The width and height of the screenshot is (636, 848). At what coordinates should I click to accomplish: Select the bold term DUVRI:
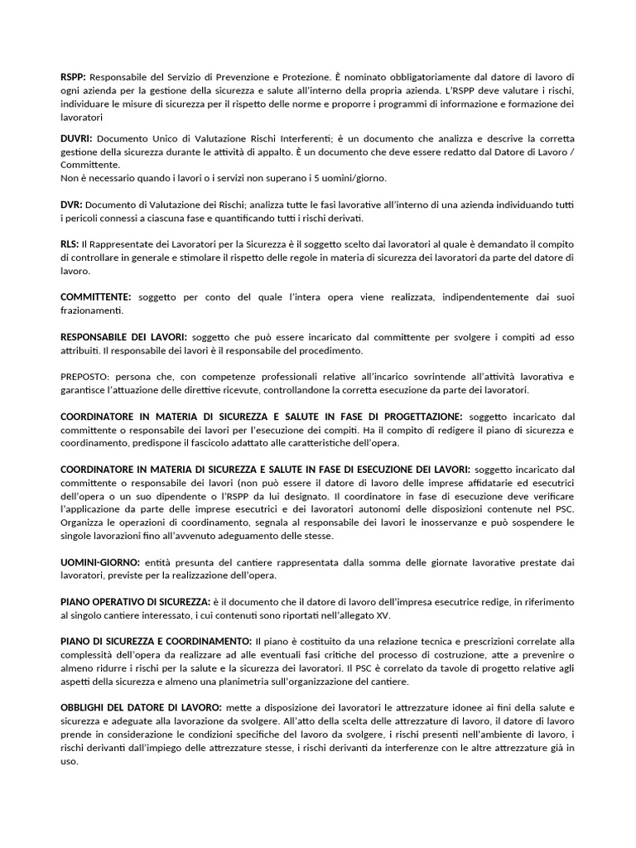click(77, 137)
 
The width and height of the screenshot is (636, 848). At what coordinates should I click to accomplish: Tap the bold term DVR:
click(71, 204)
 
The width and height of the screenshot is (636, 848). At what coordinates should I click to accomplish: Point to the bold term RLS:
click(70, 244)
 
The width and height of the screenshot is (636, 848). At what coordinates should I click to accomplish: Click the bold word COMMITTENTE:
click(96, 296)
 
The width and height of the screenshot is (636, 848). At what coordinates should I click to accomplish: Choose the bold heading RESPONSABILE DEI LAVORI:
click(124, 338)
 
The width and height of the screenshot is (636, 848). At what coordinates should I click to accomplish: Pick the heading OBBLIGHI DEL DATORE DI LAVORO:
click(141, 708)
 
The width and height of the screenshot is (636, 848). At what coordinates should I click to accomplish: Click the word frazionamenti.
click(92, 311)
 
